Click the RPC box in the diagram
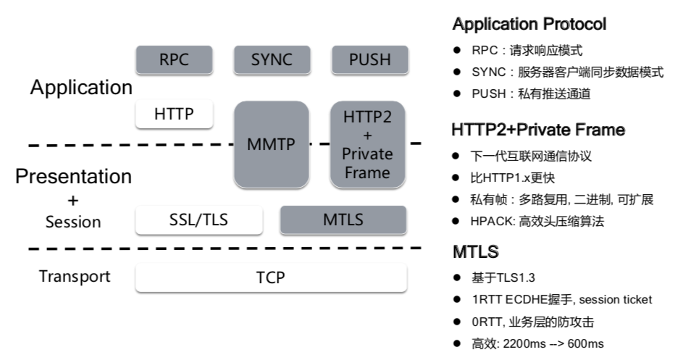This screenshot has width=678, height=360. pos(175,60)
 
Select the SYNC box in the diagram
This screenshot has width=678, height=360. pos(272,60)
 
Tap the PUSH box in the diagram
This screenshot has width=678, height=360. pos(369,60)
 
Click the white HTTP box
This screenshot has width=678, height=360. pos(175,114)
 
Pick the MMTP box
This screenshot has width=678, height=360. pos(272,144)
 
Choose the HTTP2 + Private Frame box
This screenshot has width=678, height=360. pos(368,144)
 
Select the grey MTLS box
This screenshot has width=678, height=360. pos(343,220)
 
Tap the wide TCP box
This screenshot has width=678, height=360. pos(271,278)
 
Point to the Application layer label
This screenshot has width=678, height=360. pos(81,88)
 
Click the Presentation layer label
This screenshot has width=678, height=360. pos(74,176)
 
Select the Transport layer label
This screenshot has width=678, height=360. pos(75,276)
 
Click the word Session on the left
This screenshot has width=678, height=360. pos(73,222)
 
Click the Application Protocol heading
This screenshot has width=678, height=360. pos(529,25)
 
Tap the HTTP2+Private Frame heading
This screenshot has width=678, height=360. pos(538,130)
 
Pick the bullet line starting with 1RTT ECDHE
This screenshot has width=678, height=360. pos(561,299)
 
